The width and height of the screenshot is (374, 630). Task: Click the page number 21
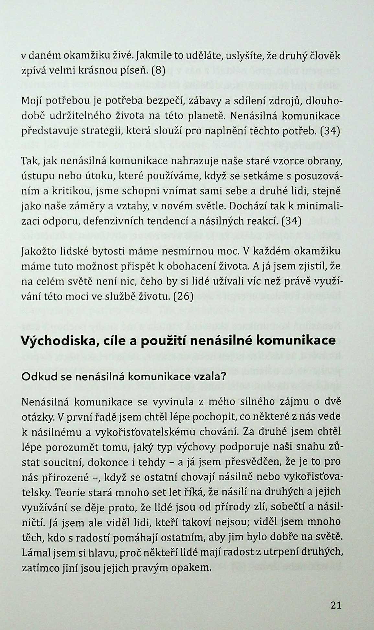click(x=336, y=605)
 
